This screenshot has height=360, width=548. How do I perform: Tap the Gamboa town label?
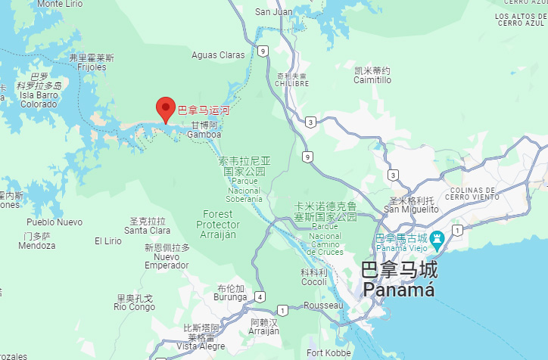(x=204, y=135)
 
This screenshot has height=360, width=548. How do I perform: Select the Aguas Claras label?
(x=218, y=55)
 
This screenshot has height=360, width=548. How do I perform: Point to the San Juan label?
(x=273, y=11)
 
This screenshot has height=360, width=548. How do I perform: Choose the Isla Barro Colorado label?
(x=38, y=99)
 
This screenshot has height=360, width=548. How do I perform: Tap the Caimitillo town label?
(x=372, y=79)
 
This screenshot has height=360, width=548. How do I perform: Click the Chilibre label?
(x=292, y=83)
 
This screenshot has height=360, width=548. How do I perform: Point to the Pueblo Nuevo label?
(x=54, y=222)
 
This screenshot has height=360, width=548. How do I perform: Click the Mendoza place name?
(x=36, y=245)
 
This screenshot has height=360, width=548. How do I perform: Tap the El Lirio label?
(x=107, y=241)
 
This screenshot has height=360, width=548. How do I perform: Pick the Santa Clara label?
(x=147, y=230)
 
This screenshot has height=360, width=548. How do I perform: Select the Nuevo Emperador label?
(x=167, y=261)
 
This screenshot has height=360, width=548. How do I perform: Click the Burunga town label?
(x=230, y=298)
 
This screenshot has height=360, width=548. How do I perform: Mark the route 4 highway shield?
(x=260, y=296)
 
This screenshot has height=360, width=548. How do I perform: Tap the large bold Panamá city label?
(x=398, y=290)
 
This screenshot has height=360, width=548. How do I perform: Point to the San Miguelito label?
(x=409, y=209)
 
